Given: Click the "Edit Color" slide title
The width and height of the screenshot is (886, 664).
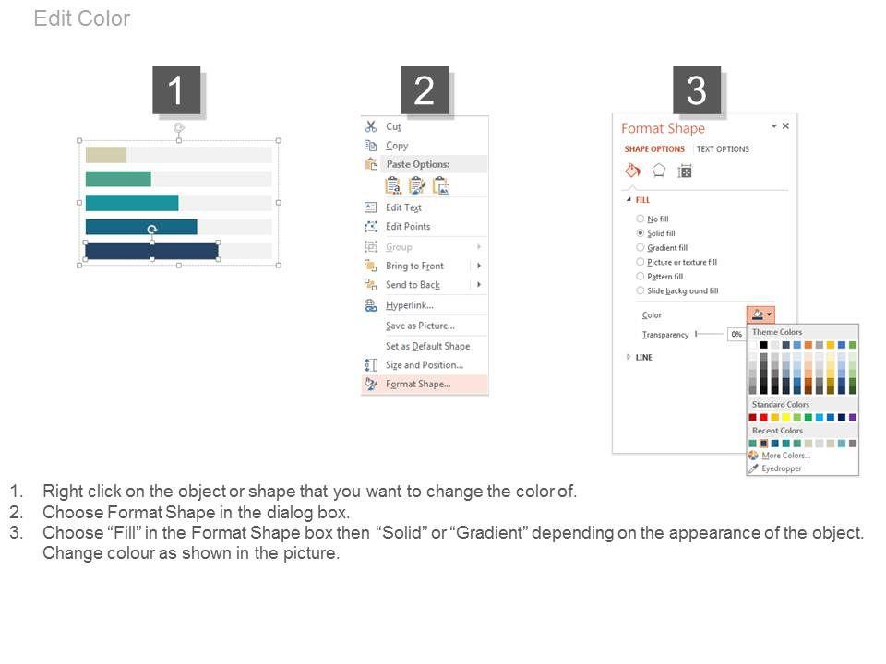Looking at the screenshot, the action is [82, 18].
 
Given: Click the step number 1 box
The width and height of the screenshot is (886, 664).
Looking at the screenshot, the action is [176, 90].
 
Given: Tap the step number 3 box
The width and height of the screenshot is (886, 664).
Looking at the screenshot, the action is [697, 90].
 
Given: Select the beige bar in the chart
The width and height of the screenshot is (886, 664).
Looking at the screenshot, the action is [105, 155].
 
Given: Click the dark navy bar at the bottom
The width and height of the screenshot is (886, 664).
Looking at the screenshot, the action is [151, 251].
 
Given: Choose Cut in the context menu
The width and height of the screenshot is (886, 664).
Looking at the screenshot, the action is [393, 126].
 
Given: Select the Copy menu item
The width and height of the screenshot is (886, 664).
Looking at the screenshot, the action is [397, 146].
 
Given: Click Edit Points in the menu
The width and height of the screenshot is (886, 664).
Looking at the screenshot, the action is [408, 227].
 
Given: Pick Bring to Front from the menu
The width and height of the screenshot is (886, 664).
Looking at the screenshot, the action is [414, 266].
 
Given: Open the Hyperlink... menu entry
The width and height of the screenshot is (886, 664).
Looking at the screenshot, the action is [410, 305].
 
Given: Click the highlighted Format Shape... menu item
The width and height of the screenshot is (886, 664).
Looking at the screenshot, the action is [418, 384].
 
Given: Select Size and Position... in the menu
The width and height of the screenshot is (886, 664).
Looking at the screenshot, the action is [425, 365].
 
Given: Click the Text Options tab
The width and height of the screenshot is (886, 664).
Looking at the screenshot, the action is [723, 149].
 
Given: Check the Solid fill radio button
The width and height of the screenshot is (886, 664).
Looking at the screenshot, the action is [641, 233].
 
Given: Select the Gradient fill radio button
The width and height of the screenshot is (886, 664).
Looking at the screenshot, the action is [641, 247].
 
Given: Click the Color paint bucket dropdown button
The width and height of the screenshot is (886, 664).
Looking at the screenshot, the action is [760, 314].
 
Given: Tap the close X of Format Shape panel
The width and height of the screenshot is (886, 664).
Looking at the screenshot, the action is [785, 126].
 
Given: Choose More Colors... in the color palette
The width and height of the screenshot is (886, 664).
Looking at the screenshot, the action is [786, 456].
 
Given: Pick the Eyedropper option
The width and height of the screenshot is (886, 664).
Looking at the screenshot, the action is [782, 468].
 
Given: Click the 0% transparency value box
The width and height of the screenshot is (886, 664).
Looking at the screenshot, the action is [736, 334].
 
